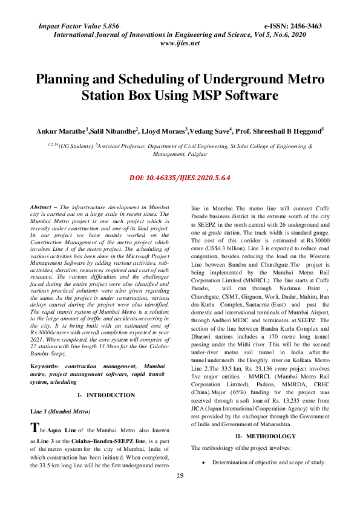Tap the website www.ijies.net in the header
point(180,44)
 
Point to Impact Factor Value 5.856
point(79,27)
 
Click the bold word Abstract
point(41,207)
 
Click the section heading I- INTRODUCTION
point(106,378)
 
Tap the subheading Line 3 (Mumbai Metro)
point(61,394)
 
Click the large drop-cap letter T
point(35,412)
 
